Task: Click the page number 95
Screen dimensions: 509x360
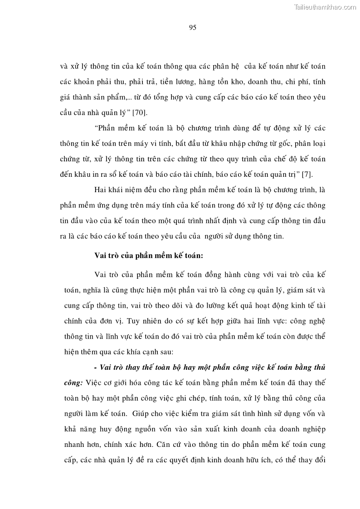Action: point(192,27)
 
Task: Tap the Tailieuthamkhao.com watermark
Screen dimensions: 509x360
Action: point(326,7)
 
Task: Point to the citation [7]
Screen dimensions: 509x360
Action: point(307,174)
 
